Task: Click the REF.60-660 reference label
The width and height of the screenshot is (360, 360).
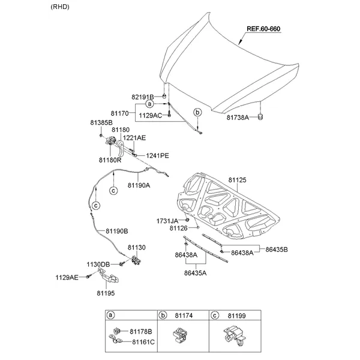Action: (x=263, y=29)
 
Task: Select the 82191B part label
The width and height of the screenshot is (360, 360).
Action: (x=143, y=97)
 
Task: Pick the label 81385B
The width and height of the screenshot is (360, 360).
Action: (x=101, y=122)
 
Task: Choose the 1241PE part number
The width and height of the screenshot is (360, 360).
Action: (x=157, y=155)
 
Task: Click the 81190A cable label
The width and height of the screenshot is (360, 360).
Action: (x=138, y=185)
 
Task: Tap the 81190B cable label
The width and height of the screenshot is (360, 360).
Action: (x=117, y=230)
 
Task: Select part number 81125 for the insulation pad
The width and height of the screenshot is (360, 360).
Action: (x=238, y=179)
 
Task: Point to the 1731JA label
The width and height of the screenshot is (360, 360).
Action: (x=168, y=220)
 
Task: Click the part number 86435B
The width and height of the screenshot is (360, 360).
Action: (x=277, y=248)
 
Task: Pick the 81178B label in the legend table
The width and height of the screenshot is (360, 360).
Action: (x=140, y=331)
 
